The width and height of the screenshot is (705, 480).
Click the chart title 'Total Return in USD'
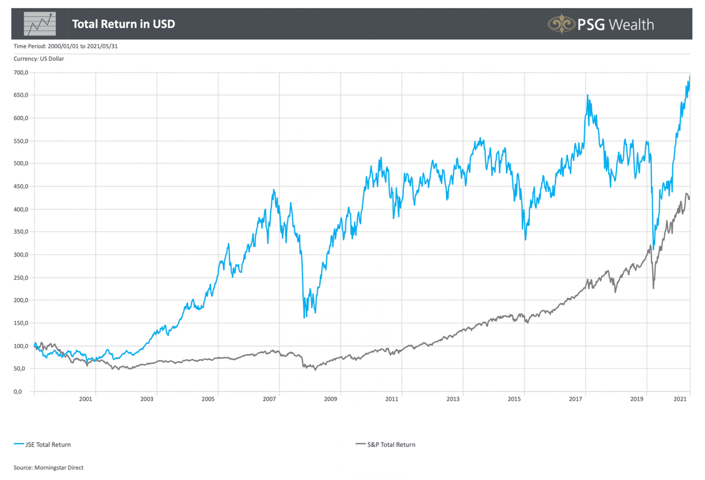(123, 24)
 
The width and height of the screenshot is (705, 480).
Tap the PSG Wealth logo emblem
(561, 24)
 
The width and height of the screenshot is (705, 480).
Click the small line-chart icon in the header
(40, 24)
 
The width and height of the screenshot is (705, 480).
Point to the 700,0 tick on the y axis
(21, 73)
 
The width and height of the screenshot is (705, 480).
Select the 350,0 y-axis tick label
(21, 232)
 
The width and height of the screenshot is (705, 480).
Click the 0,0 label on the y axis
(18, 391)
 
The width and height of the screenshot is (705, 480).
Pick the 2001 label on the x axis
(85, 399)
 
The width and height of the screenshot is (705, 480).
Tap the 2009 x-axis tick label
(330, 399)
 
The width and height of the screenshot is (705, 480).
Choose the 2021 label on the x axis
(680, 399)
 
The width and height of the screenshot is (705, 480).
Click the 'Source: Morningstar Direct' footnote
(49, 468)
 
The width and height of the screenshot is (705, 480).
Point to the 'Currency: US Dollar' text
(39, 59)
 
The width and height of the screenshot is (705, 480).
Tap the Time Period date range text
(65, 46)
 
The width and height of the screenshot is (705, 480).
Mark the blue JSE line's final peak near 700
(689, 77)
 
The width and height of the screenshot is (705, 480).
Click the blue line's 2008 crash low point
(304, 317)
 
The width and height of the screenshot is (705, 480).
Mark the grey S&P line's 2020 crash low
(653, 288)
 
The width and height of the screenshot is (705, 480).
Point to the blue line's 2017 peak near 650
(587, 95)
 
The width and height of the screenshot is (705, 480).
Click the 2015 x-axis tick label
(514, 399)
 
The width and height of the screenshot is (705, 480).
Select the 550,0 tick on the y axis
(21, 141)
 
